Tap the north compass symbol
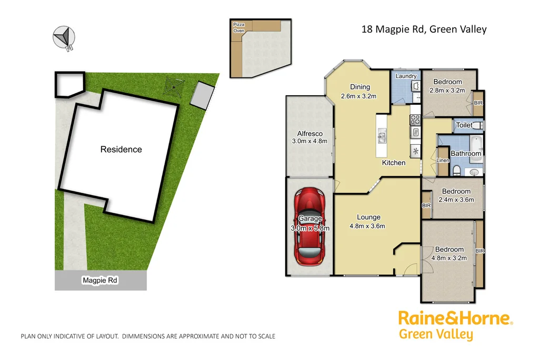pos(64,37)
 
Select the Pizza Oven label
pos(239,27)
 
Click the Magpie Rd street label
pos(100,281)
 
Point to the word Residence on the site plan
pos(121,149)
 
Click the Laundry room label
pos(406,76)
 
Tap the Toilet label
pos(464,125)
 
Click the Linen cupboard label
pos(443,160)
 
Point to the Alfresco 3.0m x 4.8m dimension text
pos(310,141)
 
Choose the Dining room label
pos(360,87)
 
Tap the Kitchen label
pos(394,163)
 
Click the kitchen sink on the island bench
pos(382,137)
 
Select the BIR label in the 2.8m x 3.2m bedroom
pos(478,103)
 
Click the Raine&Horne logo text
pos(455,318)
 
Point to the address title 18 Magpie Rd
pos(424,29)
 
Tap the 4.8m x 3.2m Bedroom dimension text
pos(449,258)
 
